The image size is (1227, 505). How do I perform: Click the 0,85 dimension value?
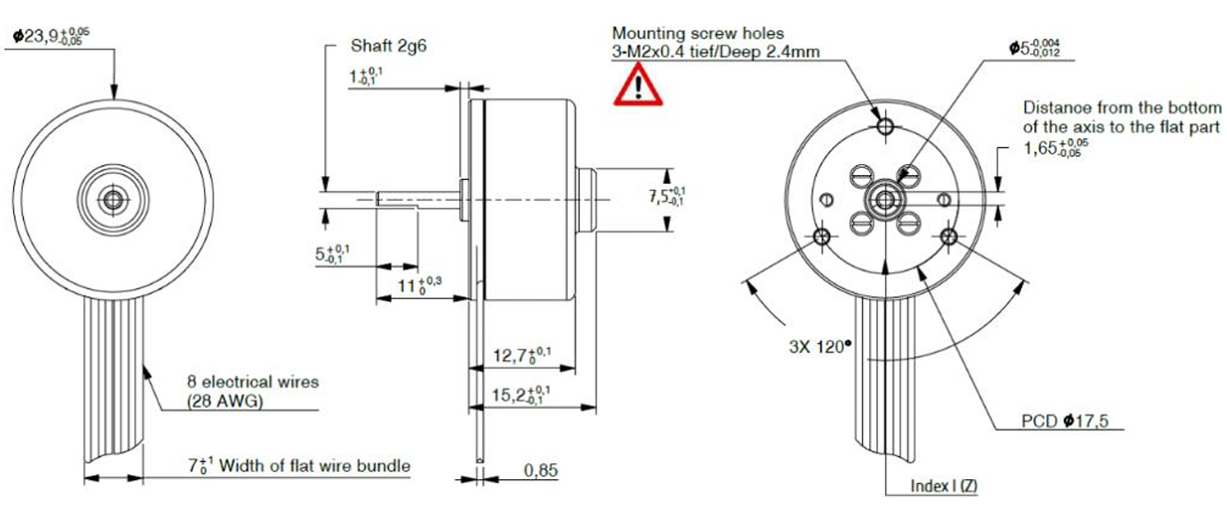click(541, 469)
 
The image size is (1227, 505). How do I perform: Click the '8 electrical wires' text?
click(253, 381)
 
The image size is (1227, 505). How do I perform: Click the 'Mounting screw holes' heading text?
click(698, 33)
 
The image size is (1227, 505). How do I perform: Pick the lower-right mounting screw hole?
click(949, 237)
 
